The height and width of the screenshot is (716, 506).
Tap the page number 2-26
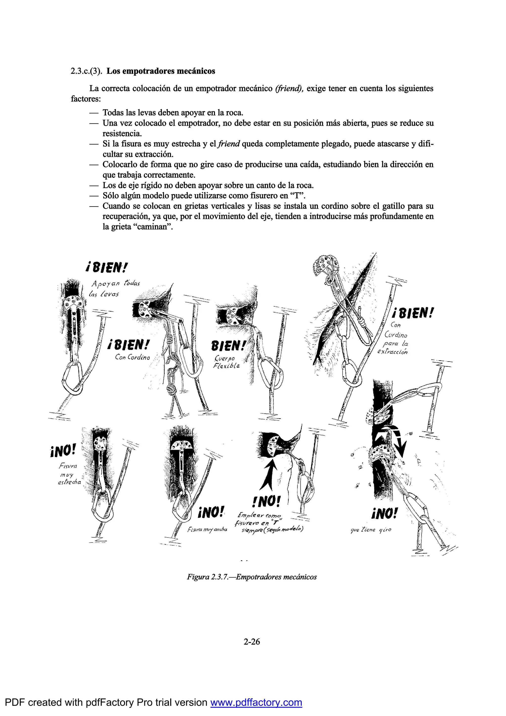tap(252, 642)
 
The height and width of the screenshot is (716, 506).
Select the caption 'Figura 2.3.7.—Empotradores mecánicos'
tap(252, 577)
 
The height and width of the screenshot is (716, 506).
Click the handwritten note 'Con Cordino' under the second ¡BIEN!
tap(132, 357)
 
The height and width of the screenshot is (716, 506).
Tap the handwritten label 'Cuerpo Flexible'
tap(227, 362)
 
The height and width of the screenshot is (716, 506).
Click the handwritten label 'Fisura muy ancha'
tap(207, 530)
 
